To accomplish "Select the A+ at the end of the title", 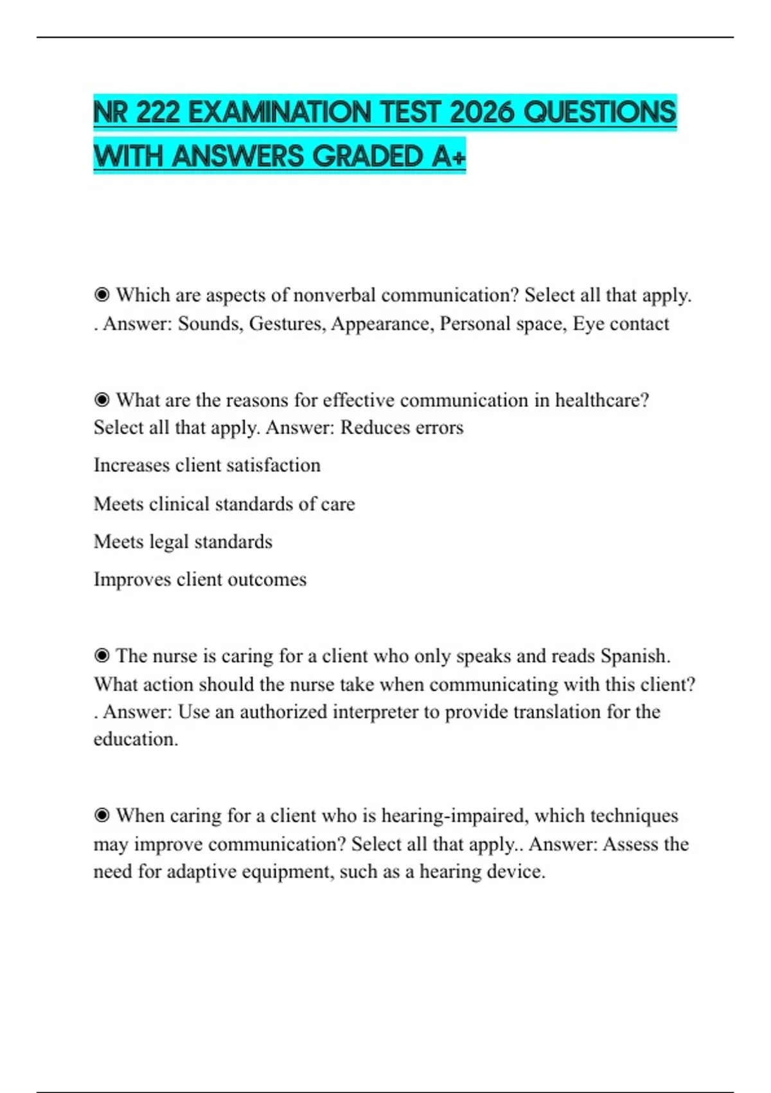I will [448, 156].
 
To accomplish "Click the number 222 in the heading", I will [158, 113].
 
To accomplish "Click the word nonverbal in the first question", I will [333, 295].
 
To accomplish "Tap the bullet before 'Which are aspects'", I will [102, 295].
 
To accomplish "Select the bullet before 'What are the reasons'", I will [102, 400].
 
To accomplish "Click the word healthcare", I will [601, 400].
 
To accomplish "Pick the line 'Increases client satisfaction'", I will [207, 465].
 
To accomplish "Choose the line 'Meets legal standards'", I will [183, 541].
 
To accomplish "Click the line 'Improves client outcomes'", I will [200, 579].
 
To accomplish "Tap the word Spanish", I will [635, 656].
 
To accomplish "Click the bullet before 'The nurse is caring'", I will [102, 656].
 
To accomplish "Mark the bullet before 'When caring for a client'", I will [102, 815].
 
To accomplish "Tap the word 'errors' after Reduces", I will [440, 428].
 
